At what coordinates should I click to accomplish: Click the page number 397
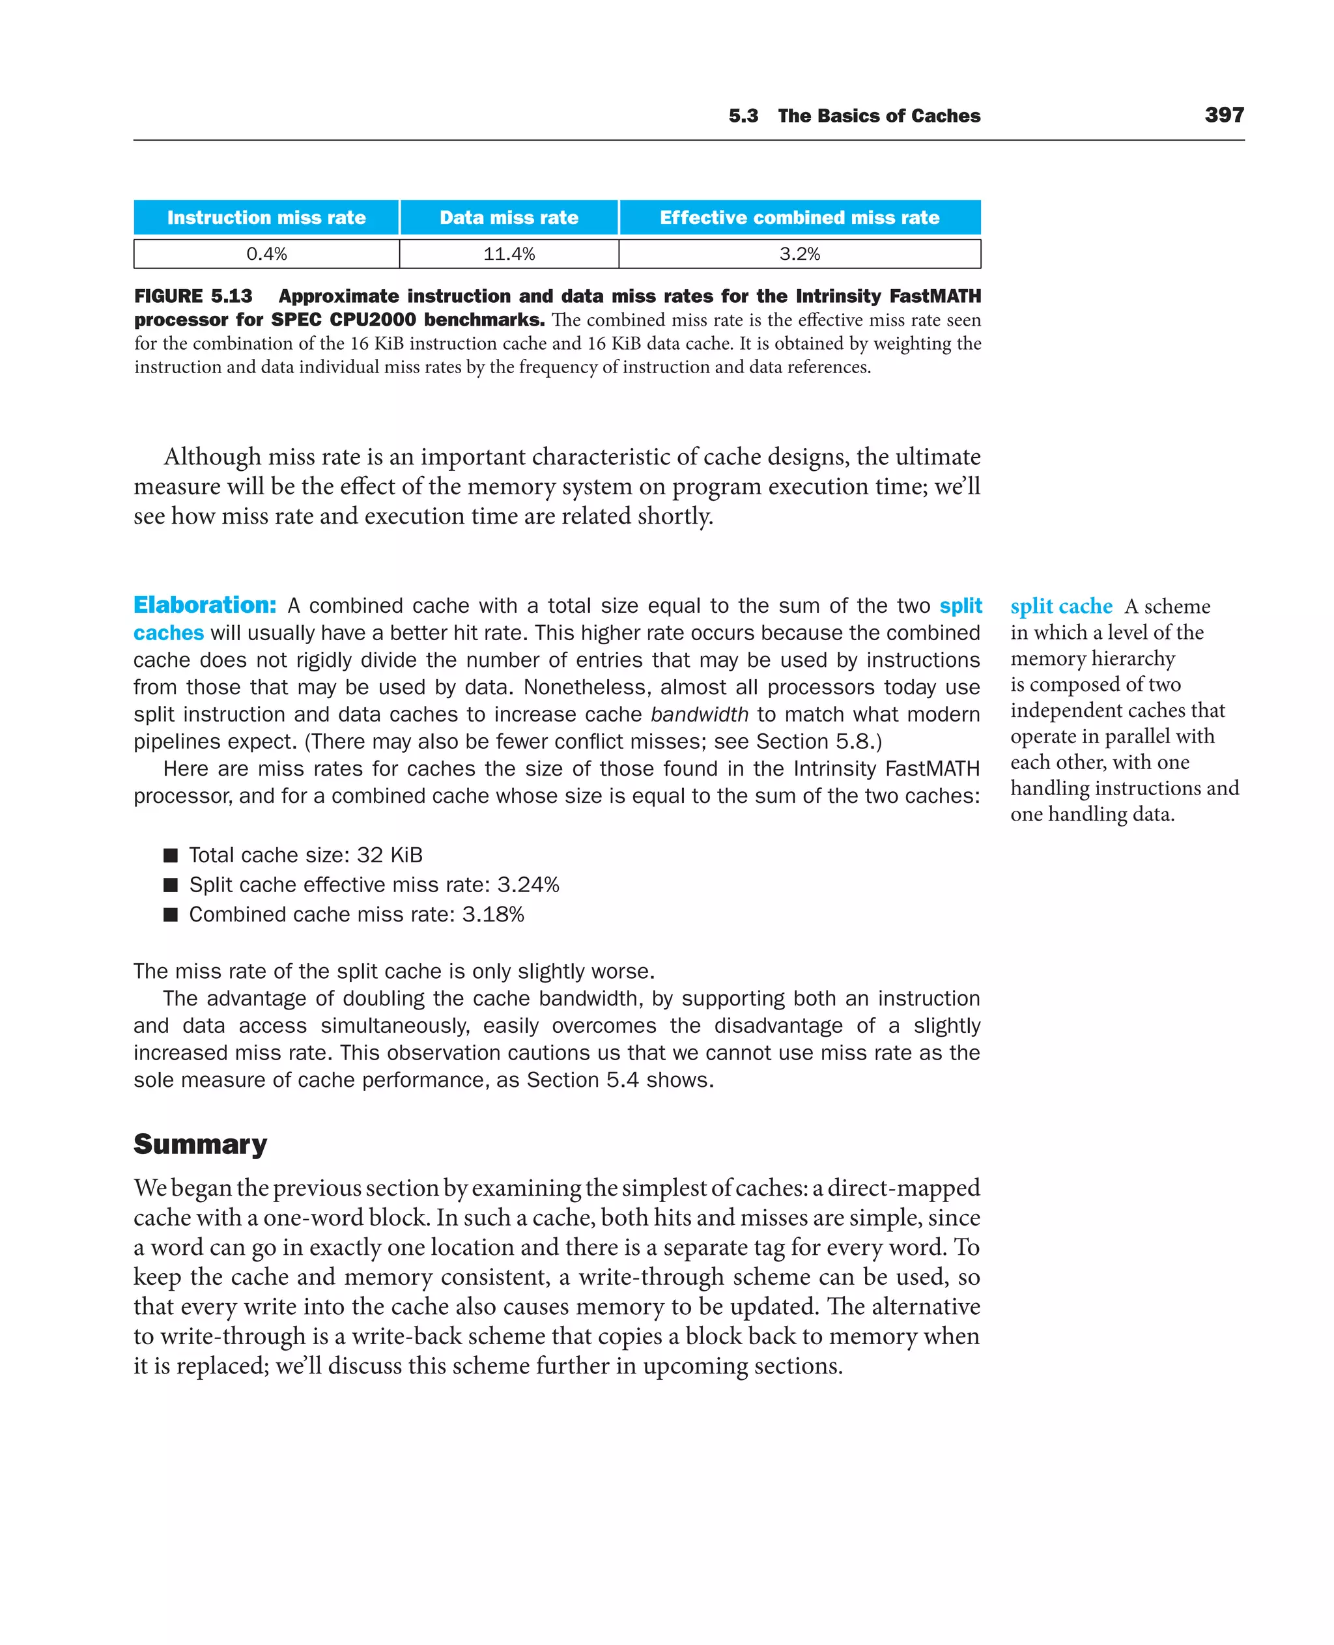click(1223, 115)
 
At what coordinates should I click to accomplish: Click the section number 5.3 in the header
click(743, 116)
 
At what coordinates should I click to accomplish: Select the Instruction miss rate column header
click(266, 218)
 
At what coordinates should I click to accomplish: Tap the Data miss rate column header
click(509, 218)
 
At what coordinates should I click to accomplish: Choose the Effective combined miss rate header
click(799, 218)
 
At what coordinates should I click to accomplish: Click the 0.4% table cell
click(266, 253)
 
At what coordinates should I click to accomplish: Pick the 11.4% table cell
click(509, 253)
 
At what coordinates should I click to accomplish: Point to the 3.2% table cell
click(799, 253)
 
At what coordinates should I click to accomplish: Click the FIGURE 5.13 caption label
click(193, 296)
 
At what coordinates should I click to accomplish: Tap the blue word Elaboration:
click(205, 605)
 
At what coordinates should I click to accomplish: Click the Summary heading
click(200, 1144)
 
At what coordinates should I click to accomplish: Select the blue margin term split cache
click(1060, 606)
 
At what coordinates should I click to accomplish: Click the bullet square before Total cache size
click(171, 855)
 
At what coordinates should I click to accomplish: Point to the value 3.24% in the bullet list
click(528, 885)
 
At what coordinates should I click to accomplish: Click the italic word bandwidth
click(700, 714)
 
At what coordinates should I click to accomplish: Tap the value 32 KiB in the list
click(390, 855)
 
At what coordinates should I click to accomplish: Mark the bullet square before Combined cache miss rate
click(171, 914)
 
